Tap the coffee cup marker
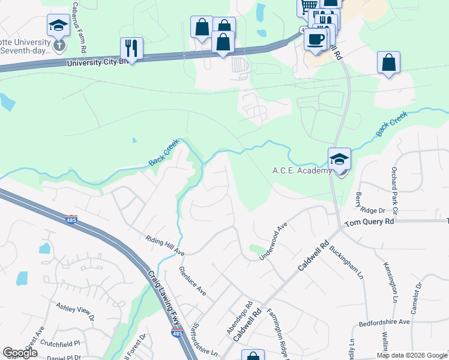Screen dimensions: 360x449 coord(316,39)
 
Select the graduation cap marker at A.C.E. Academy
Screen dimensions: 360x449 coord(339,160)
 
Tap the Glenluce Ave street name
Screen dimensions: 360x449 coord(193,281)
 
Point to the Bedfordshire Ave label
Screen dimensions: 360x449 coord(384,322)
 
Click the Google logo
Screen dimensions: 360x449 coord(20,353)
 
